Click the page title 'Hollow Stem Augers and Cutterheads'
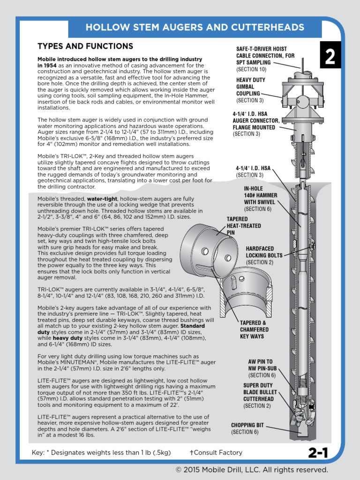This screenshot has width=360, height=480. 195,28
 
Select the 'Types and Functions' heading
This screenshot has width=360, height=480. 85,46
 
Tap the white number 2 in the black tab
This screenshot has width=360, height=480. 330,58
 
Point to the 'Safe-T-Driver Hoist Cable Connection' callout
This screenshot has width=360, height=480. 262,56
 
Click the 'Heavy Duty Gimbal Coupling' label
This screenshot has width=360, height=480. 251,87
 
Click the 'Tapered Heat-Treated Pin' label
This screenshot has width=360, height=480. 244,225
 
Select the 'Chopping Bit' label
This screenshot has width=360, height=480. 247,425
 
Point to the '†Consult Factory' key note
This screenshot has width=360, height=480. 216,452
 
